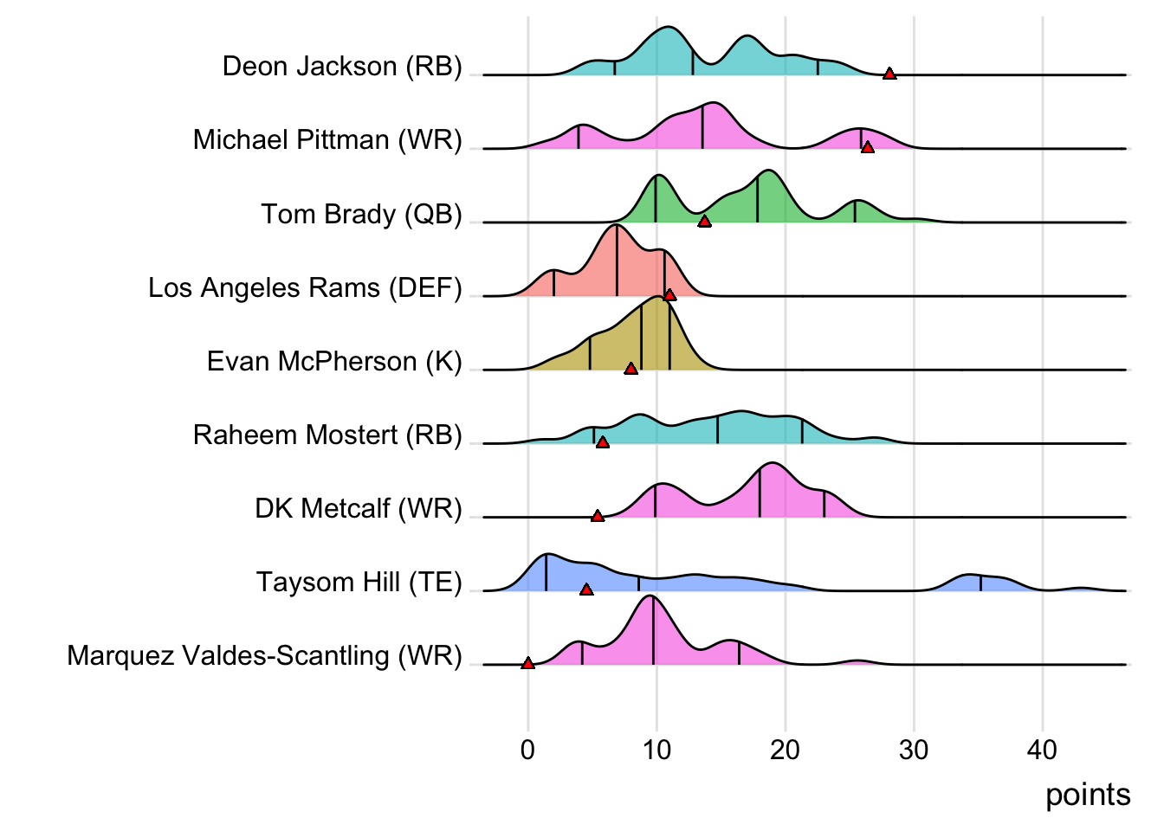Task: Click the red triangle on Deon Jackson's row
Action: pos(889,74)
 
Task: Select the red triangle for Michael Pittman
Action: pos(868,148)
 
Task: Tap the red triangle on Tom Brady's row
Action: pos(704,222)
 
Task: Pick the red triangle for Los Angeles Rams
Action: pos(669,295)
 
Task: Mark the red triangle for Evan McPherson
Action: pos(630,369)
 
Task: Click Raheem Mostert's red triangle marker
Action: pos(603,442)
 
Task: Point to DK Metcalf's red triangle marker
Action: pos(598,516)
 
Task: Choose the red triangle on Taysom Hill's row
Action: pos(586,589)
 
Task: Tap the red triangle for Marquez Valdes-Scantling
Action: pos(528,664)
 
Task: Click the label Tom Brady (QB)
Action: pos(362,214)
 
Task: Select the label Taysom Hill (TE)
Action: pos(359,582)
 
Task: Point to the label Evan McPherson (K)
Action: pos(334,361)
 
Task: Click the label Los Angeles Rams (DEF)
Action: pos(305,287)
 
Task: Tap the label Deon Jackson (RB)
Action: pos(342,67)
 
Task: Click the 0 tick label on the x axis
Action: pos(528,750)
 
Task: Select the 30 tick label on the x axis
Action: pos(914,750)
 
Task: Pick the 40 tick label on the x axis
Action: pos(1043,750)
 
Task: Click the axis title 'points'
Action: pos(1088,795)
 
